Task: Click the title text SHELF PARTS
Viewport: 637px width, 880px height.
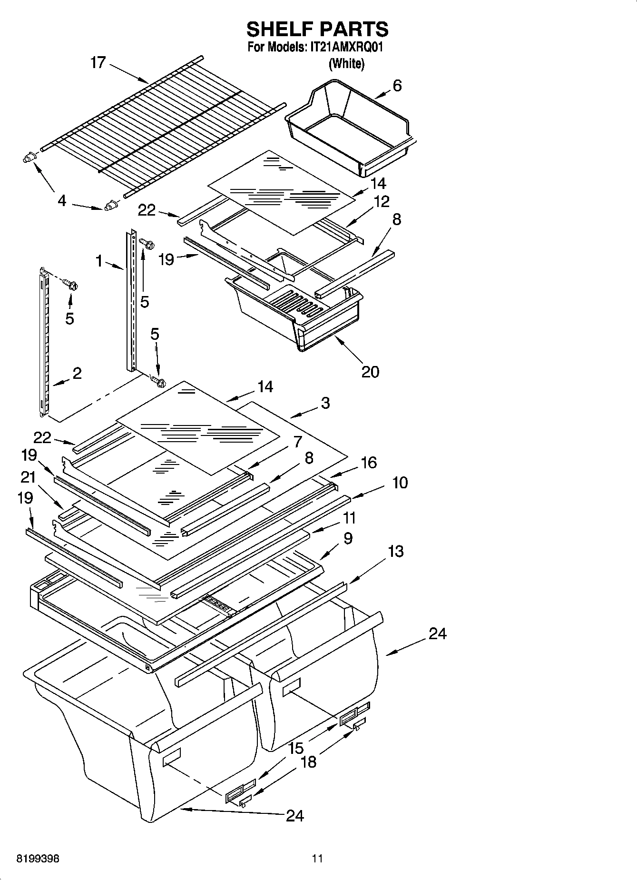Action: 317,30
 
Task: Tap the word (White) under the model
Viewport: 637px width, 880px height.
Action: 346,64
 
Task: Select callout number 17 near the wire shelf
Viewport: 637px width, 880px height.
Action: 98,62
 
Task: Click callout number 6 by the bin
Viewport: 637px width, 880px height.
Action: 397,86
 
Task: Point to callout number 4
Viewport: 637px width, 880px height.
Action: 62,201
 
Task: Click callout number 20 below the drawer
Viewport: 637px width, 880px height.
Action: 370,371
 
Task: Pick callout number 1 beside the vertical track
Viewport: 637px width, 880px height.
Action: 99,260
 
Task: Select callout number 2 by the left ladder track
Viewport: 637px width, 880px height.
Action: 77,373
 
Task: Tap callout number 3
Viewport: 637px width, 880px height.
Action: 325,403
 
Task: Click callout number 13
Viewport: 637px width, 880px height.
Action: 395,551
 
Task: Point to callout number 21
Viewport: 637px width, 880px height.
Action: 28,476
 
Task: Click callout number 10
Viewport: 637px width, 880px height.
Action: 400,483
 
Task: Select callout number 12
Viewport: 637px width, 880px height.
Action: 381,201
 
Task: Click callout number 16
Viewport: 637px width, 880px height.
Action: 369,462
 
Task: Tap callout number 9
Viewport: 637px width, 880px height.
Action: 347,538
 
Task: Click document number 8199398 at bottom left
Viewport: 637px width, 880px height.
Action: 38,859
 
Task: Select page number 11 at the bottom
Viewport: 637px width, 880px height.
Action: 317,859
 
